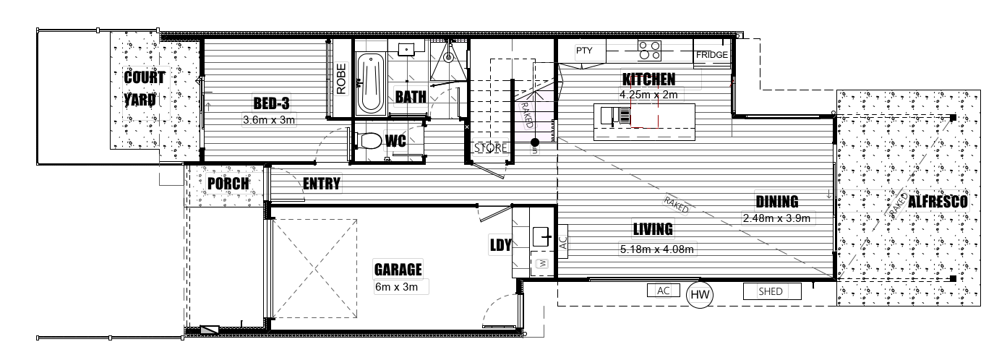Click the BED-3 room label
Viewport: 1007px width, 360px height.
271,103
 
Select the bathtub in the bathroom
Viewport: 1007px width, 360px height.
371,84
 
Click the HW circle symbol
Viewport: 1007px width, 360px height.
700,295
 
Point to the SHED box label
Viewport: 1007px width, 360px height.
771,291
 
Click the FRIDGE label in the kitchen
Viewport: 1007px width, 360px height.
712,55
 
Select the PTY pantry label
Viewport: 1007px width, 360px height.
584,51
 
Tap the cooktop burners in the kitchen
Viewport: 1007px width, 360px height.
650,51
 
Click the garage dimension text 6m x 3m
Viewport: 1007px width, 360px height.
396,287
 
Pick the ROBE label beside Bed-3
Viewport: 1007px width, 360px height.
341,79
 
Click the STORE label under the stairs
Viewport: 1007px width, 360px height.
490,148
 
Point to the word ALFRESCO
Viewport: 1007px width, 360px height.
938,202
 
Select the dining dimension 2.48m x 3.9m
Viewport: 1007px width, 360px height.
777,218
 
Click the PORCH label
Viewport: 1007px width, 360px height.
228,184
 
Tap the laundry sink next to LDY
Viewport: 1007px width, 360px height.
541,236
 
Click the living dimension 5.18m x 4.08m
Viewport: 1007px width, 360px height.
657,249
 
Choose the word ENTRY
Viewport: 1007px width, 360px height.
322,184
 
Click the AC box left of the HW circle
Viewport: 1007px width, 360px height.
664,291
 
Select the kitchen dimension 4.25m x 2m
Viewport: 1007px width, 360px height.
648,95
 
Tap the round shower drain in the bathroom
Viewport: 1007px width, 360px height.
447,57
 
